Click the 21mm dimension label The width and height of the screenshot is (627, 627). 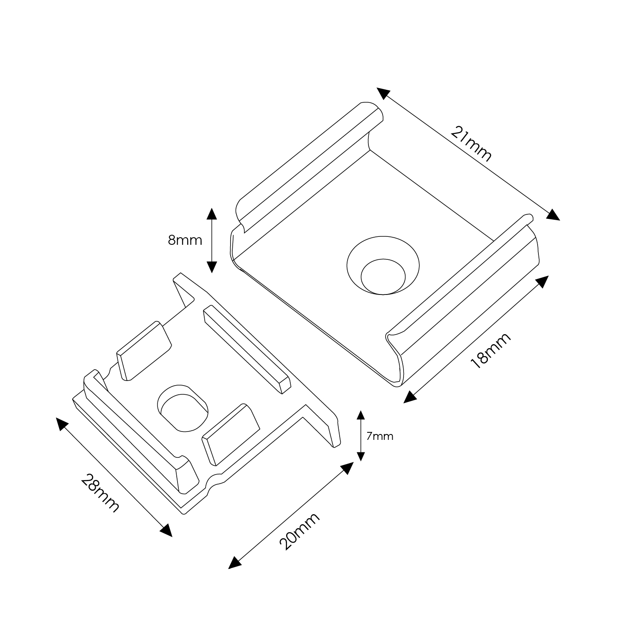pyautogui.click(x=471, y=144)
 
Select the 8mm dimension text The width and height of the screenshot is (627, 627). pyautogui.click(x=185, y=240)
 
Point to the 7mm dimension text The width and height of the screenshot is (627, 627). pyautogui.click(x=380, y=436)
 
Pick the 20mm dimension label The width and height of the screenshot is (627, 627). pyautogui.click(x=299, y=531)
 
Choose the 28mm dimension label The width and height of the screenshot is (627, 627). pyautogui.click(x=100, y=493)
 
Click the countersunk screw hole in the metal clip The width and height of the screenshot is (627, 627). pyautogui.click(x=383, y=266)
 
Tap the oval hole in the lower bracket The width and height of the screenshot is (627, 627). pyautogui.click(x=183, y=409)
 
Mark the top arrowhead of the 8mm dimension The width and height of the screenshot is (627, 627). pyautogui.click(x=212, y=213)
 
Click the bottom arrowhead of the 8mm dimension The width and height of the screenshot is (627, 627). pyautogui.click(x=212, y=267)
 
